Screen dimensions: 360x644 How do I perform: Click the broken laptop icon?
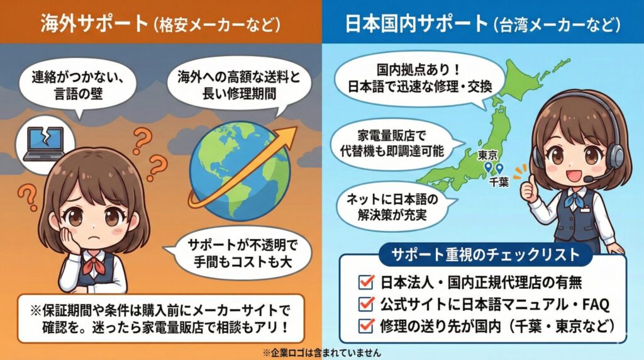tap(42, 141)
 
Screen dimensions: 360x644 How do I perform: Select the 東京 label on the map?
tap(488, 154)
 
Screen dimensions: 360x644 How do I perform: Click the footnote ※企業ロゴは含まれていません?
tap(322, 352)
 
